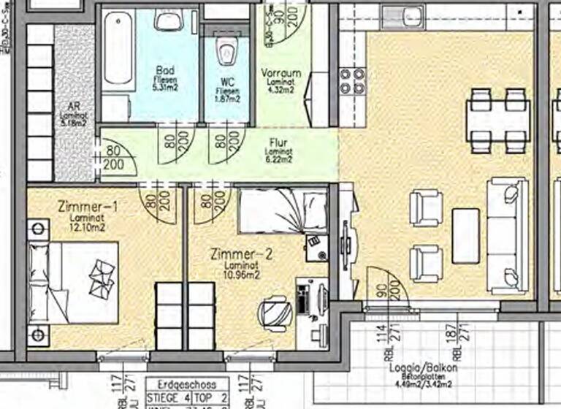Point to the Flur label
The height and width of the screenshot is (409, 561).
click(278, 143)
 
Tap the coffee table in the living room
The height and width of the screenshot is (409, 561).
click(465, 235)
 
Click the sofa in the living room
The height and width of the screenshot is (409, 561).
click(507, 234)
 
